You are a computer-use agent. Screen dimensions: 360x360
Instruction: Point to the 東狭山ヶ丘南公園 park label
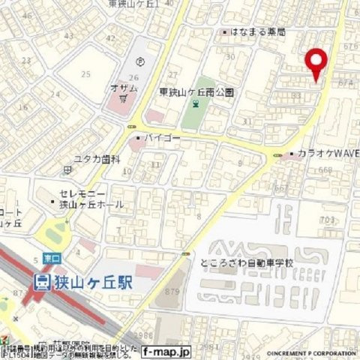(x=197, y=92)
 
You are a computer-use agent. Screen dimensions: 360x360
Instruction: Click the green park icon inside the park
(x=195, y=106)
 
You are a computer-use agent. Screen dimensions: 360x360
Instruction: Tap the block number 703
(x=326, y=219)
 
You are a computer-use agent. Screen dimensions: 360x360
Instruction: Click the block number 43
(x=69, y=35)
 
